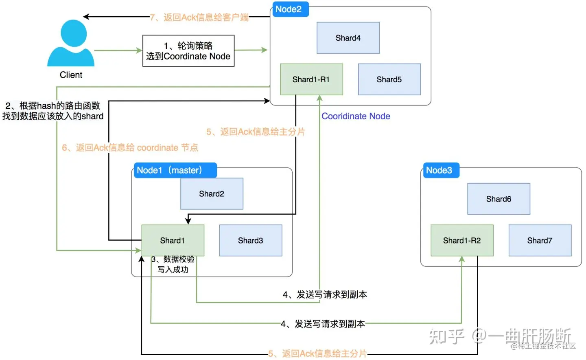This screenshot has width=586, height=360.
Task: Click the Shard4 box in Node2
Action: click(348, 38)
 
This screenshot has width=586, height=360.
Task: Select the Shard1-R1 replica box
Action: click(311, 79)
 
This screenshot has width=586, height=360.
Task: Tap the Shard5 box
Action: click(389, 79)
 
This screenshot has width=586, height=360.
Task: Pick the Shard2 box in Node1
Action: click(212, 194)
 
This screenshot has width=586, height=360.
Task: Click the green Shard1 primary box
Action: click(173, 240)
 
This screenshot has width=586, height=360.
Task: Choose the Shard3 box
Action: click(251, 240)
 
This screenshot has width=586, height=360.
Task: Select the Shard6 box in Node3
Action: click(499, 199)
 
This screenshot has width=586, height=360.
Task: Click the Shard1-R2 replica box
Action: click(462, 240)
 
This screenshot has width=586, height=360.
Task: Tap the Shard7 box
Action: click(540, 240)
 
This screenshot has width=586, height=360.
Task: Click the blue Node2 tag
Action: click(291, 9)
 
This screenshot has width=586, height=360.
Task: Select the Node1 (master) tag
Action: click(175, 170)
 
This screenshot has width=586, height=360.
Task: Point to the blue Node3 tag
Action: click(441, 170)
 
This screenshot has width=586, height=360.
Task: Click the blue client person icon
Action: click(71, 43)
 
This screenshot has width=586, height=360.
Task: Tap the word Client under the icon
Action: click(71, 75)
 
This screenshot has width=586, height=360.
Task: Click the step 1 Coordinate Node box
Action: click(188, 51)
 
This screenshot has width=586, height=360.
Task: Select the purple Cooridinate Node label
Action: click(356, 116)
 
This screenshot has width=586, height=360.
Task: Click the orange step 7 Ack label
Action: click(199, 17)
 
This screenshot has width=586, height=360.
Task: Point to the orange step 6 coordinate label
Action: click(130, 148)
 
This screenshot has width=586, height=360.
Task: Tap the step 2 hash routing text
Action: click(53, 111)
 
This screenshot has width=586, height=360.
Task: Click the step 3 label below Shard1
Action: click(173, 264)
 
